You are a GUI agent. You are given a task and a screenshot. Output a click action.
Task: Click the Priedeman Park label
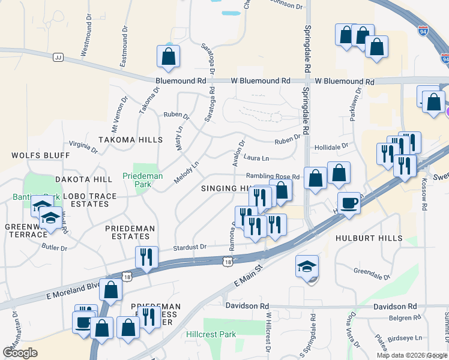[136, 181]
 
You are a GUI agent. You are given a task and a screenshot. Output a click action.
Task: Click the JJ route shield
[58, 58]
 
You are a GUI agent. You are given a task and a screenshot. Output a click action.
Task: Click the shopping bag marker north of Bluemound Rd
[169, 56]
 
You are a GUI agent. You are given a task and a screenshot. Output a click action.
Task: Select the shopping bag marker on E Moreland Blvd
[111, 289]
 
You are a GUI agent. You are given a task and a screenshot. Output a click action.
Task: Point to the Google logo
[20, 353]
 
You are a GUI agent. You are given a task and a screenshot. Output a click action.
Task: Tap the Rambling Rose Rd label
[272, 176]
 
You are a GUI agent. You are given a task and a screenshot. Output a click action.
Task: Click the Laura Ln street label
[256, 158]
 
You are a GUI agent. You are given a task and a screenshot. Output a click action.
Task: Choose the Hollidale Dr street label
[331, 146]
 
